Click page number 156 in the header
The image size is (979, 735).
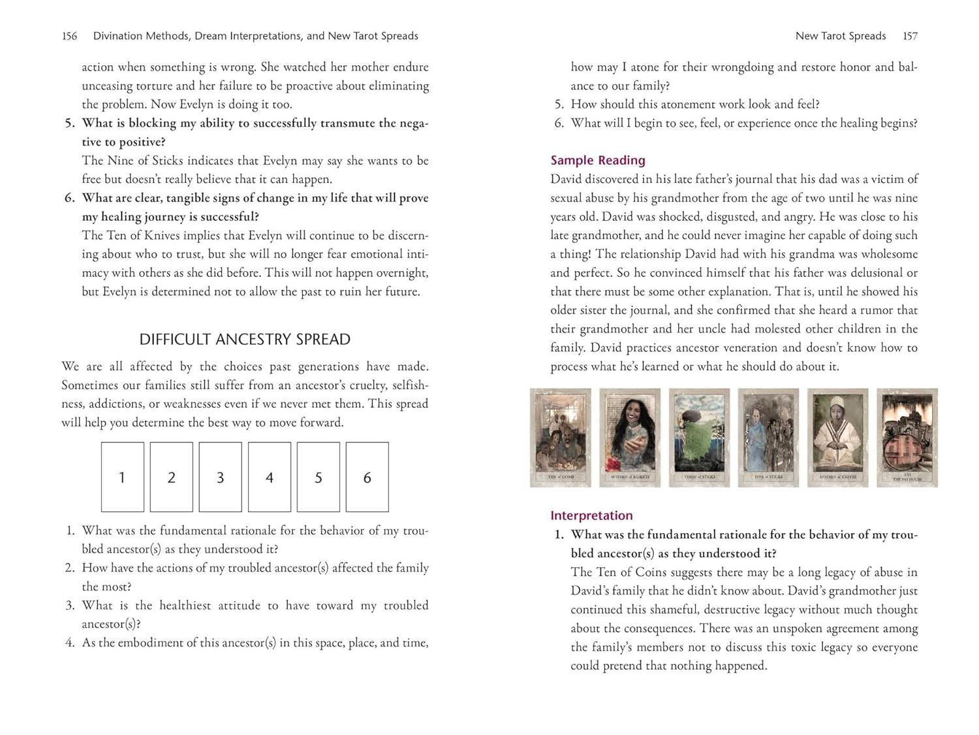(x=69, y=36)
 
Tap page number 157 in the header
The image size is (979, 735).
(x=910, y=36)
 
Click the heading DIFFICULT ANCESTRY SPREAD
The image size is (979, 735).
(x=245, y=339)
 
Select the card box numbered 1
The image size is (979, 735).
(x=122, y=477)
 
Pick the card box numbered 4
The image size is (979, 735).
(x=270, y=477)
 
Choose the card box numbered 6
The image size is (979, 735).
(x=367, y=477)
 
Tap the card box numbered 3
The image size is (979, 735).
(x=221, y=477)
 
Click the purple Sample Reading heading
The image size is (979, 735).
(x=597, y=160)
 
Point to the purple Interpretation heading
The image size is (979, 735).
(x=591, y=515)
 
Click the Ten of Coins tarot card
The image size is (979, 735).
(x=561, y=438)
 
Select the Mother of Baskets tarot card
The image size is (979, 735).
(x=630, y=438)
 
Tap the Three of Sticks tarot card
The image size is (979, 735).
(x=699, y=438)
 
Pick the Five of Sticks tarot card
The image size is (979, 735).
(x=768, y=438)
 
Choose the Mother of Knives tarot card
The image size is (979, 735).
(x=837, y=438)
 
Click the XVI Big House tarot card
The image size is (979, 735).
(x=907, y=438)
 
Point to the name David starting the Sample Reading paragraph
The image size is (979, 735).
(x=568, y=179)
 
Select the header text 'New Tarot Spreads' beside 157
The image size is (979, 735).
(x=840, y=36)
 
